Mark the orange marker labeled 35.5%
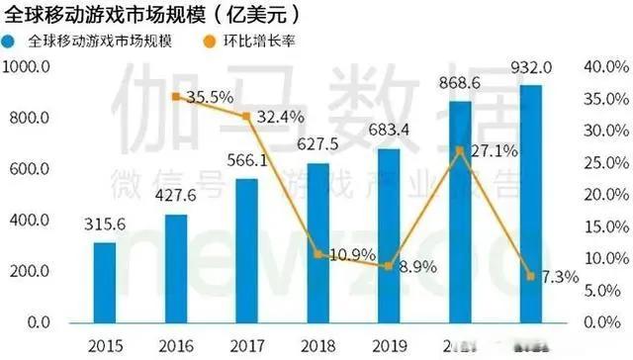175,96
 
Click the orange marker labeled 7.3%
531,276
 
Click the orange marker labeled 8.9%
389,266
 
